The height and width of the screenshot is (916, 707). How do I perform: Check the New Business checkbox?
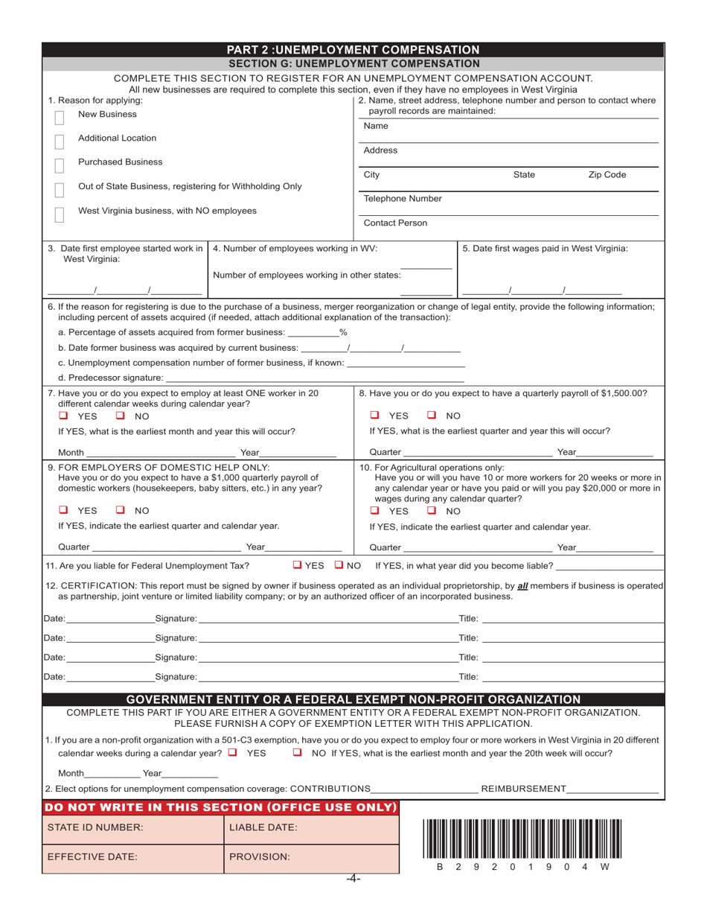tap(60, 118)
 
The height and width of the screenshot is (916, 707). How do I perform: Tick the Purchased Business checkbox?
tap(60, 165)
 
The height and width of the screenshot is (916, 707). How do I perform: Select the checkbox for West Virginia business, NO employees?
tap(60, 214)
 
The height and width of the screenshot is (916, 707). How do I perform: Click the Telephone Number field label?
tap(402, 199)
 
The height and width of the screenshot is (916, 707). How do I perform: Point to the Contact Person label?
tap(395, 223)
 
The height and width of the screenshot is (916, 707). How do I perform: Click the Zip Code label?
tap(607, 175)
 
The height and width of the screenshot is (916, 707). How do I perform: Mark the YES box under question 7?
tap(64, 416)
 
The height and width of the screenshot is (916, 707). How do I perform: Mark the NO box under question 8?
tap(432, 416)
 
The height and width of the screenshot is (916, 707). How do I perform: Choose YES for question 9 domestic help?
tap(64, 510)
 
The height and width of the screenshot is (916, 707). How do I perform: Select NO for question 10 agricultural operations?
tap(432, 511)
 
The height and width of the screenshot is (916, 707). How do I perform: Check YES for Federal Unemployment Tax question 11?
tap(297, 565)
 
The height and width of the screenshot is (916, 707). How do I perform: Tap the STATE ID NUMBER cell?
tap(132, 827)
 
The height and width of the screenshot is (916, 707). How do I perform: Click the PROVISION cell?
tap(311, 857)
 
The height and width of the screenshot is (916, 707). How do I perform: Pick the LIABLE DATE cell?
tap(311, 827)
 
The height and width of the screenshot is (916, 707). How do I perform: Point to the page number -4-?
tap(353, 879)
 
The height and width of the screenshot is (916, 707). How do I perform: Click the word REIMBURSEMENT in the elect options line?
tap(523, 789)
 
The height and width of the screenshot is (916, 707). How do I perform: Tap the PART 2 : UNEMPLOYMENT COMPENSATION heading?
tap(353, 50)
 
